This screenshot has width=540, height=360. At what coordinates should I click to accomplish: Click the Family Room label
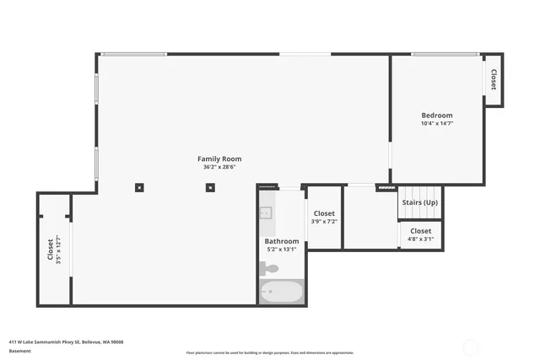(219, 159)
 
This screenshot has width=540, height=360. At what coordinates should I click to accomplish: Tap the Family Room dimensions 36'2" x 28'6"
(219, 167)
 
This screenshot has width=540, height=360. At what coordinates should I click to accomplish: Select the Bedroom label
(437, 116)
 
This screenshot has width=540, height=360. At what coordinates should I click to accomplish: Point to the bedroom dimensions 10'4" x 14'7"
(437, 124)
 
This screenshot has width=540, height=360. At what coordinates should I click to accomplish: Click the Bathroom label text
(281, 241)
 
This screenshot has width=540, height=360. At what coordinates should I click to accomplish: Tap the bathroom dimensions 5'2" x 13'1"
(281, 250)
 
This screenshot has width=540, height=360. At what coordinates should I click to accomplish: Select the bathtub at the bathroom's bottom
(280, 293)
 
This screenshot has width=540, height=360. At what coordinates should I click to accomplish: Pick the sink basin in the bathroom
(266, 213)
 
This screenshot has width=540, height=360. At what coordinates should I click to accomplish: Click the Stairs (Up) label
(419, 202)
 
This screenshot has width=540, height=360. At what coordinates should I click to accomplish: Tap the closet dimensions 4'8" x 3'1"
(420, 239)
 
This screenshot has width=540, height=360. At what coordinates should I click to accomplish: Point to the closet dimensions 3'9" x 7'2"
(324, 222)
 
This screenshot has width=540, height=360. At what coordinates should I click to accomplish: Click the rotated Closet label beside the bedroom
(493, 80)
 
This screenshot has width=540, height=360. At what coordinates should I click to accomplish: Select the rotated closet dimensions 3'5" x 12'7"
(58, 250)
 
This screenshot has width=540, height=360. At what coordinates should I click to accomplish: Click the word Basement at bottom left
(19, 351)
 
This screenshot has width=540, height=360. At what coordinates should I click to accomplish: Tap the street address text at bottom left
(66, 341)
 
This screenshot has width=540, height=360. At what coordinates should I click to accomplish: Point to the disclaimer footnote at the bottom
(269, 352)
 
